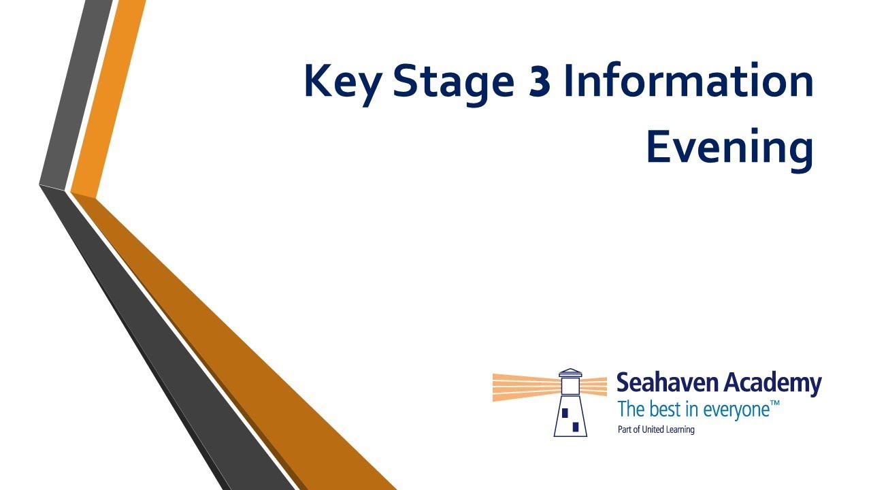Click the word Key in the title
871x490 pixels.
point(342,84)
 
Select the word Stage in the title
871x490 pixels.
point(454,83)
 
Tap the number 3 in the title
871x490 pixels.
point(540,81)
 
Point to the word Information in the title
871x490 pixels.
point(689,80)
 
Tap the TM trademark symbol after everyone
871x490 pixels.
point(774,404)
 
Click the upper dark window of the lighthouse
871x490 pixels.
point(565,412)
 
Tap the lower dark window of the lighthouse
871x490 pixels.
point(576,427)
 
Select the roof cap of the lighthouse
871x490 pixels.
point(570,372)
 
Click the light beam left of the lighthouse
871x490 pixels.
point(527,387)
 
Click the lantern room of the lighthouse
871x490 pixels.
point(570,385)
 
